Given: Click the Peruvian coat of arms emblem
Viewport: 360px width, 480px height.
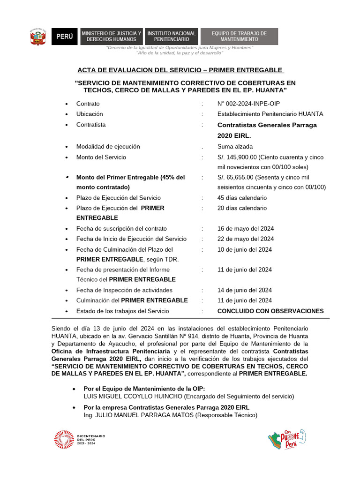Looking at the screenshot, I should click(38, 37).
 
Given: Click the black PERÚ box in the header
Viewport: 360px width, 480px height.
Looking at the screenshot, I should click(65, 37).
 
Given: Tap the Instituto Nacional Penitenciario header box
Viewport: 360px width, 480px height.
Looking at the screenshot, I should click(172, 37).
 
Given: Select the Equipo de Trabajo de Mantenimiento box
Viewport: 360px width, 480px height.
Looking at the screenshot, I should click(239, 37).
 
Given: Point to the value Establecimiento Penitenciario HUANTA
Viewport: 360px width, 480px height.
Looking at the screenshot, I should click(270, 114).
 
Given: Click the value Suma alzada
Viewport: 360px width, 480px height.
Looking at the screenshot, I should click(235, 147).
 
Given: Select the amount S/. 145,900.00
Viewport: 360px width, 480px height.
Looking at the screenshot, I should click(237, 157).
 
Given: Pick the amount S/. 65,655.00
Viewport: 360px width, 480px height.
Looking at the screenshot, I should click(235, 177).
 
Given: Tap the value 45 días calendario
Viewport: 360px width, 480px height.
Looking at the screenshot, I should click(242, 198).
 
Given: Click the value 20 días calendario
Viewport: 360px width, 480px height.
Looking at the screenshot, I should click(242, 208).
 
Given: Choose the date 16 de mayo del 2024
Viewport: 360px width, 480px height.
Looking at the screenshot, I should click(246, 229).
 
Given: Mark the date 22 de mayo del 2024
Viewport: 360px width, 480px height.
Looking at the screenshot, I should click(246, 239).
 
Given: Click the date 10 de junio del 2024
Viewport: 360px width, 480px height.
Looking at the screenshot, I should click(245, 249).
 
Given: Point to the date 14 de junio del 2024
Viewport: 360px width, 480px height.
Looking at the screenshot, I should click(245, 290).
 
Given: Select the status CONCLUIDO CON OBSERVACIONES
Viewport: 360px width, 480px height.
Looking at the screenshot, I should click(270, 311).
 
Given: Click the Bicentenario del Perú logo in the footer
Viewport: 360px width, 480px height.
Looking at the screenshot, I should click(80, 439).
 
